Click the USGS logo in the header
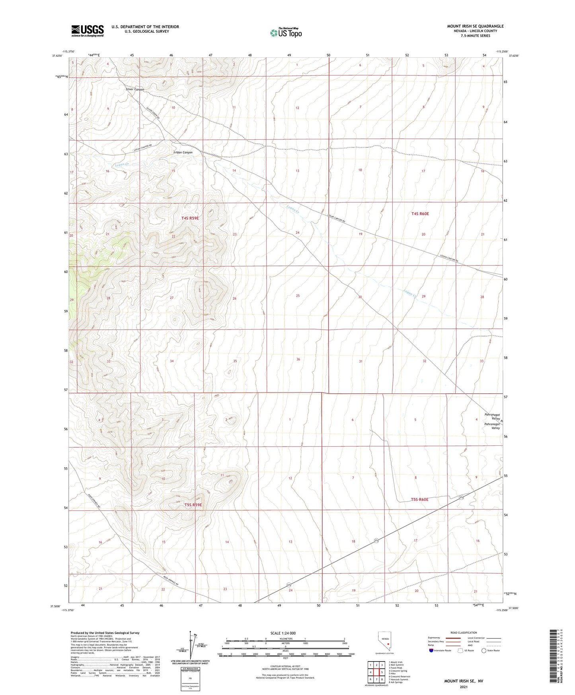coord(88,30)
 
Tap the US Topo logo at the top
coord(286,33)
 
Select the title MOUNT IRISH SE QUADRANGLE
coord(475,26)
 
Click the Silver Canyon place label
coord(135,90)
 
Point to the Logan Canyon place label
coord(183,152)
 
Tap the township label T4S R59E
coord(190,218)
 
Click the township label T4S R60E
coord(420,214)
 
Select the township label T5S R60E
coord(419,499)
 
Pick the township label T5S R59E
coord(193,505)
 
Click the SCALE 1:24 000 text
coord(283,633)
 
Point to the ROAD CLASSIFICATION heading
coord(464,633)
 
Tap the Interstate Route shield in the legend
coord(431,651)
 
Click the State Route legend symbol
coord(484,651)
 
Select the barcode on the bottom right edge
coord(554,657)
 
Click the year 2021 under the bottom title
coord(464,687)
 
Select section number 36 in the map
coord(298,359)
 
